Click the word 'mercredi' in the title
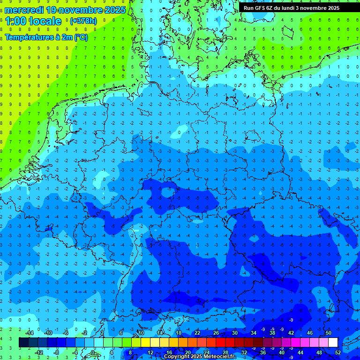(24, 10)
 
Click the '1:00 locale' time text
(33, 21)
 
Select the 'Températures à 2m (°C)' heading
(46, 37)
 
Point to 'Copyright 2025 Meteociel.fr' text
(206, 357)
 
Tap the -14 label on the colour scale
(30, 333)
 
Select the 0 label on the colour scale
(93, 352)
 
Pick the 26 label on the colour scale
(216, 333)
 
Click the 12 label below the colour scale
(150, 352)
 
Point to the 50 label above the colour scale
(329, 333)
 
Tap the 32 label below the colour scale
(244, 352)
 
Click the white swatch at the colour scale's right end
(333, 342)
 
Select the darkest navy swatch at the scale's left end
(23, 342)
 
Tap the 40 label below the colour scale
(282, 352)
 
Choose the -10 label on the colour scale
(48, 333)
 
